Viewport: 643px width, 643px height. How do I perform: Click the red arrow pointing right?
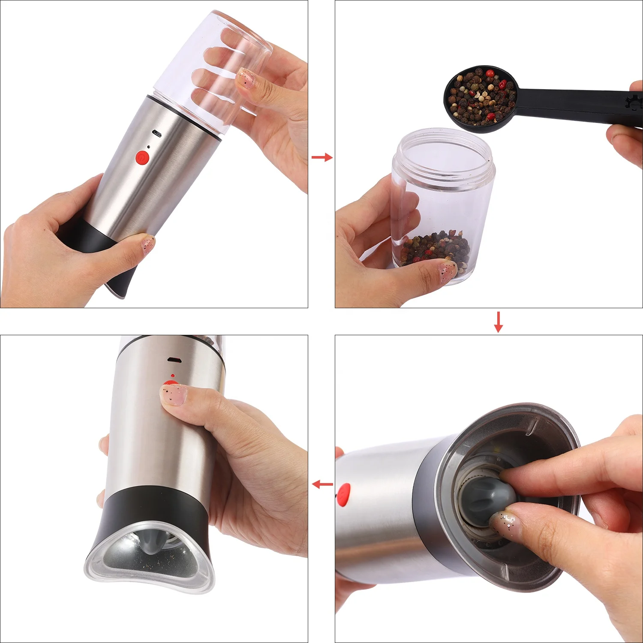[322, 158]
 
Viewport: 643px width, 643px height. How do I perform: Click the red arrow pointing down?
[498, 322]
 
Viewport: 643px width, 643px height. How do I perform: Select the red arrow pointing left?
[322, 484]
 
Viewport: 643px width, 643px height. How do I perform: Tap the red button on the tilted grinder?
[142, 157]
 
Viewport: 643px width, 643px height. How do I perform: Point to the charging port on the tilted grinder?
[157, 133]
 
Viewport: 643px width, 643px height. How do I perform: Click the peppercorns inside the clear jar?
[433, 249]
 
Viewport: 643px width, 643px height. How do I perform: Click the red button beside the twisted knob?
[344, 494]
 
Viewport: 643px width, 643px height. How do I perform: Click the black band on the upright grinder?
[154, 506]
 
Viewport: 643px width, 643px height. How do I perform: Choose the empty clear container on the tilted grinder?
[210, 69]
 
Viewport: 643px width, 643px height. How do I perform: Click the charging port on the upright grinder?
[174, 359]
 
